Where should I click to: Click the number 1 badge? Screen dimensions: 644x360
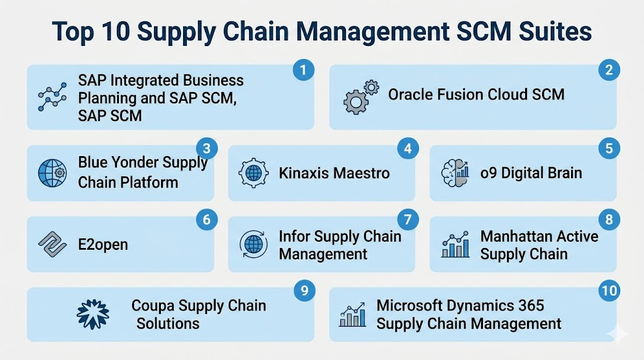click(x=304, y=70)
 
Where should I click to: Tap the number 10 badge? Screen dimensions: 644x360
click(x=609, y=291)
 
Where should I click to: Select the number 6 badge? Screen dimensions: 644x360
click(x=206, y=220)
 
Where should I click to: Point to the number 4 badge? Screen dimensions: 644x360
click(x=408, y=149)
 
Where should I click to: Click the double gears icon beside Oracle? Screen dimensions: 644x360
click(x=361, y=97)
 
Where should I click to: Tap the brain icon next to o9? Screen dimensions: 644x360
click(x=455, y=173)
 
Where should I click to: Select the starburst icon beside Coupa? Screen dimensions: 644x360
click(x=93, y=315)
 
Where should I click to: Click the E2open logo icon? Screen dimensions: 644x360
click(x=52, y=244)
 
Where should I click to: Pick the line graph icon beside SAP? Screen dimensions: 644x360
click(x=52, y=97)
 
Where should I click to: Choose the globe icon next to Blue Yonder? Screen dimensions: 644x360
click(x=52, y=173)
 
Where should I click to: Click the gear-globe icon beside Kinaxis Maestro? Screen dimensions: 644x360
click(x=253, y=173)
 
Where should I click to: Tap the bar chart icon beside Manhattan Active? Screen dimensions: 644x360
click(x=455, y=244)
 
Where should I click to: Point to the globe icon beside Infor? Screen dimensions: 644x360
click(x=253, y=244)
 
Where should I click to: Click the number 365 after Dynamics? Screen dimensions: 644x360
click(x=531, y=305)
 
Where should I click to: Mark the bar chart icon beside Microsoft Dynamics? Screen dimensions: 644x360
click(x=352, y=315)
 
